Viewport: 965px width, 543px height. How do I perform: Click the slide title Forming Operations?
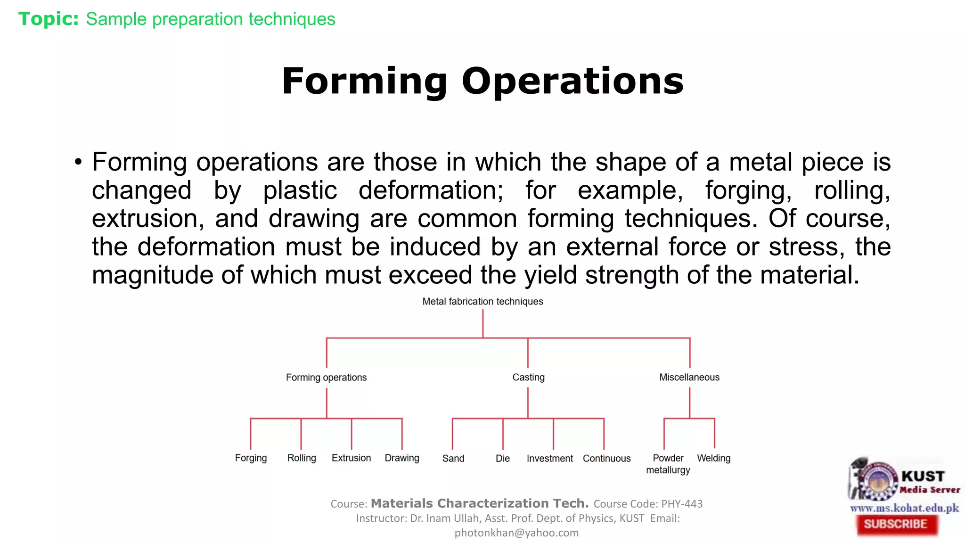[482, 81]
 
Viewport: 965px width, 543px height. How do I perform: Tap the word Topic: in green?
[49, 19]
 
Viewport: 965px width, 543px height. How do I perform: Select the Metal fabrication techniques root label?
[482, 302]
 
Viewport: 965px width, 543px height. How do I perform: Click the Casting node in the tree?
[528, 377]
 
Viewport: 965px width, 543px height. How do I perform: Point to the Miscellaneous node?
[689, 377]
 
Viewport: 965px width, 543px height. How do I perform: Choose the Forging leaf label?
[251, 458]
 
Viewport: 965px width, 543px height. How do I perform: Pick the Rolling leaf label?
[302, 458]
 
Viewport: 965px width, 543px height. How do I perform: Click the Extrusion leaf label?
[351, 458]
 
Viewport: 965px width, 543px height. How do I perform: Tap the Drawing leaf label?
[402, 458]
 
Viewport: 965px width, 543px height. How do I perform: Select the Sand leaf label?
[453, 459]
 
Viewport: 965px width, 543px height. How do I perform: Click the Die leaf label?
[503, 459]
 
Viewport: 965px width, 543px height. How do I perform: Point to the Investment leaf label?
[549, 459]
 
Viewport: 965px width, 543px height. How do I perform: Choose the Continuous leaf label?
[606, 459]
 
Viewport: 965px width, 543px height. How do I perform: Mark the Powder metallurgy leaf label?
[668, 464]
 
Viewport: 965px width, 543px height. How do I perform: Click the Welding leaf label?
[714, 458]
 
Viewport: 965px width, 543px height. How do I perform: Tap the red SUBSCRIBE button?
[895, 524]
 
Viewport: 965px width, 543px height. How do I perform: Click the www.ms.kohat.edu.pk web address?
[904, 508]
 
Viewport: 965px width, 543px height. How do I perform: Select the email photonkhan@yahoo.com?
[516, 533]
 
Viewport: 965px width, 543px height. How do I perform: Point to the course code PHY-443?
[682, 504]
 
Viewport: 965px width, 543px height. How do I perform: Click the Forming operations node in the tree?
[326, 378]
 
